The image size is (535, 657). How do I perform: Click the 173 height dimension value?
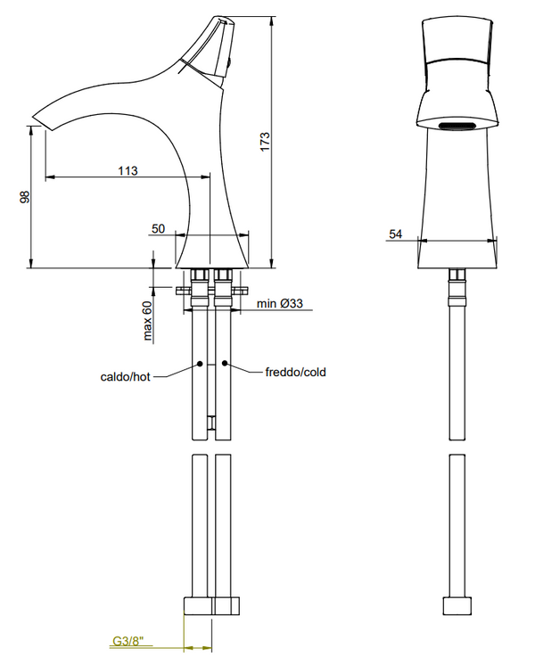[265, 142]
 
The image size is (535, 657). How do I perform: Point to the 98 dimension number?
[25, 198]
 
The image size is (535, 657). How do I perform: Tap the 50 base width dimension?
[158, 228]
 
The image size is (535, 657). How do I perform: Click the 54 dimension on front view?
[396, 234]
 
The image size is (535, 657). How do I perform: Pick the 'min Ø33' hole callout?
[280, 304]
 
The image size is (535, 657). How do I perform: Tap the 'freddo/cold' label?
[295, 372]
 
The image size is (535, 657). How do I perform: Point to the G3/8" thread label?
[129, 640]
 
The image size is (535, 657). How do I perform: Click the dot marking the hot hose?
[200, 365]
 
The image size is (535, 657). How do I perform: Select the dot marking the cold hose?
[226, 365]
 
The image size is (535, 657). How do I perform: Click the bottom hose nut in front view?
[456, 604]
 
